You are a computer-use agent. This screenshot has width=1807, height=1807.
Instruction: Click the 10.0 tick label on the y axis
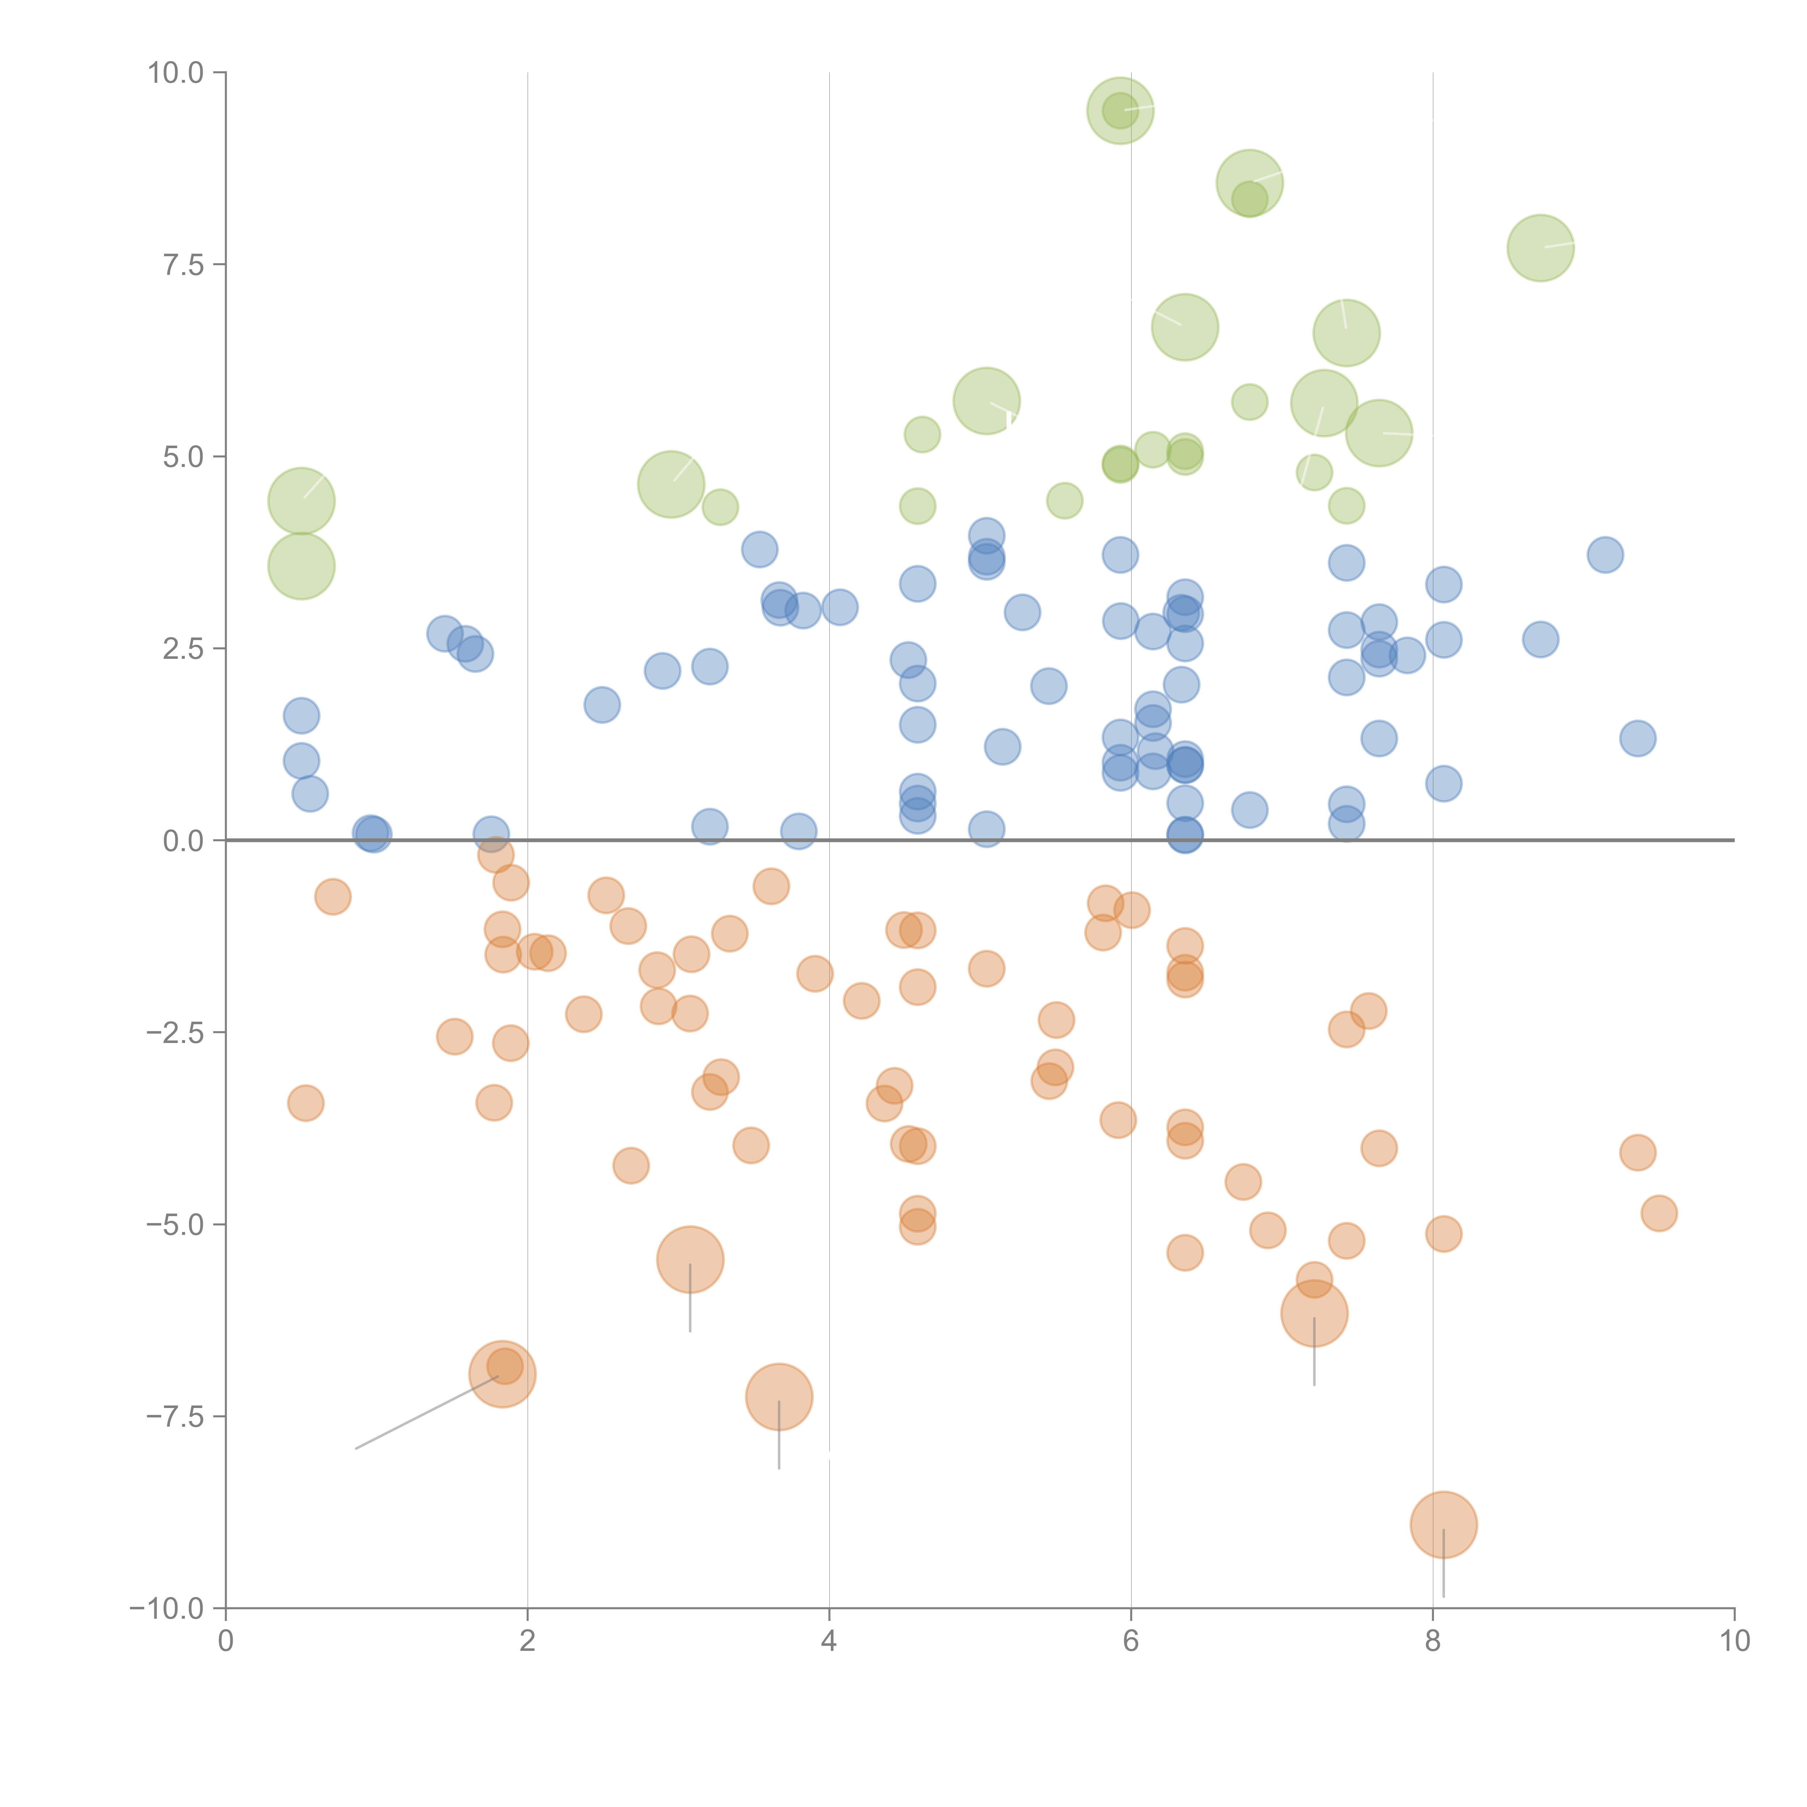tap(176, 73)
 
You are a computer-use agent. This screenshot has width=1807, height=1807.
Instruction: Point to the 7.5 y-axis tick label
tap(183, 265)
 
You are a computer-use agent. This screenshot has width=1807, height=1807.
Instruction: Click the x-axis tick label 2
tap(528, 1641)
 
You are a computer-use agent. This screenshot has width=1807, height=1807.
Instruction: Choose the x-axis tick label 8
tap(1433, 1641)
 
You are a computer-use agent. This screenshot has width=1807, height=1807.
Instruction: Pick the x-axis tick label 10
tap(1734, 1641)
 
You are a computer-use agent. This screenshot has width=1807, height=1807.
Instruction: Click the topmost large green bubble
tap(1120, 110)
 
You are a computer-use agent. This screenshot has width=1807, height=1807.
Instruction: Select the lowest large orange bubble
tap(1443, 1524)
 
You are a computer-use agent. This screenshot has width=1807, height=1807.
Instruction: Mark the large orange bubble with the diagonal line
tap(502, 1374)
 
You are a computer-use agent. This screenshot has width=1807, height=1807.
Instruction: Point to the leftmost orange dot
tap(306, 1104)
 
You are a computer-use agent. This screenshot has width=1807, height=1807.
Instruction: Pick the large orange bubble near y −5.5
tap(690, 1259)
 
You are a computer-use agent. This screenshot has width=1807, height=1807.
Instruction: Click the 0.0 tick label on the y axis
tap(183, 841)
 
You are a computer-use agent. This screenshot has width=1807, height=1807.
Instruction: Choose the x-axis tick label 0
tap(226, 1641)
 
